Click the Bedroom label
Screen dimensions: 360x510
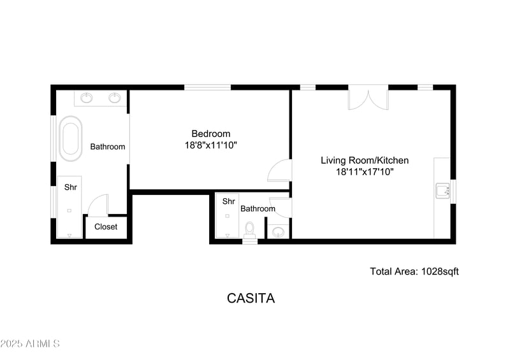click(x=210, y=134)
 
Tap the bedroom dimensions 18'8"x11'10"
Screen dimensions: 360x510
click(x=210, y=145)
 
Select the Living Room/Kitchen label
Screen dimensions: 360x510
click(x=364, y=161)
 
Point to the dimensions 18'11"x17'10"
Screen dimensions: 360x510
click(x=364, y=171)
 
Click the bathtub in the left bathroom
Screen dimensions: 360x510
click(x=70, y=138)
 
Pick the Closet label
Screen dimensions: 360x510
click(x=106, y=227)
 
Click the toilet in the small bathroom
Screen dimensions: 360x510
click(x=250, y=229)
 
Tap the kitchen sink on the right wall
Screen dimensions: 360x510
click(x=442, y=190)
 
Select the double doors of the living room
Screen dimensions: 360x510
click(x=368, y=97)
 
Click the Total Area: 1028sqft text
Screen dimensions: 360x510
click(x=414, y=271)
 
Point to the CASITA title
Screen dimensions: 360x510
click(x=251, y=298)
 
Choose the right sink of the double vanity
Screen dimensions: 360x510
click(x=115, y=98)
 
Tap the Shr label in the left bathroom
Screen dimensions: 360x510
click(x=70, y=187)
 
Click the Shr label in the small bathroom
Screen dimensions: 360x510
click(x=228, y=201)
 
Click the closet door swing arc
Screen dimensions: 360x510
click(x=97, y=205)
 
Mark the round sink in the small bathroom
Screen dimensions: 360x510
click(x=278, y=233)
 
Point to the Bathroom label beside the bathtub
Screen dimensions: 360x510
click(x=107, y=147)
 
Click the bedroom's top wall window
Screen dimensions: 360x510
click(x=207, y=87)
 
